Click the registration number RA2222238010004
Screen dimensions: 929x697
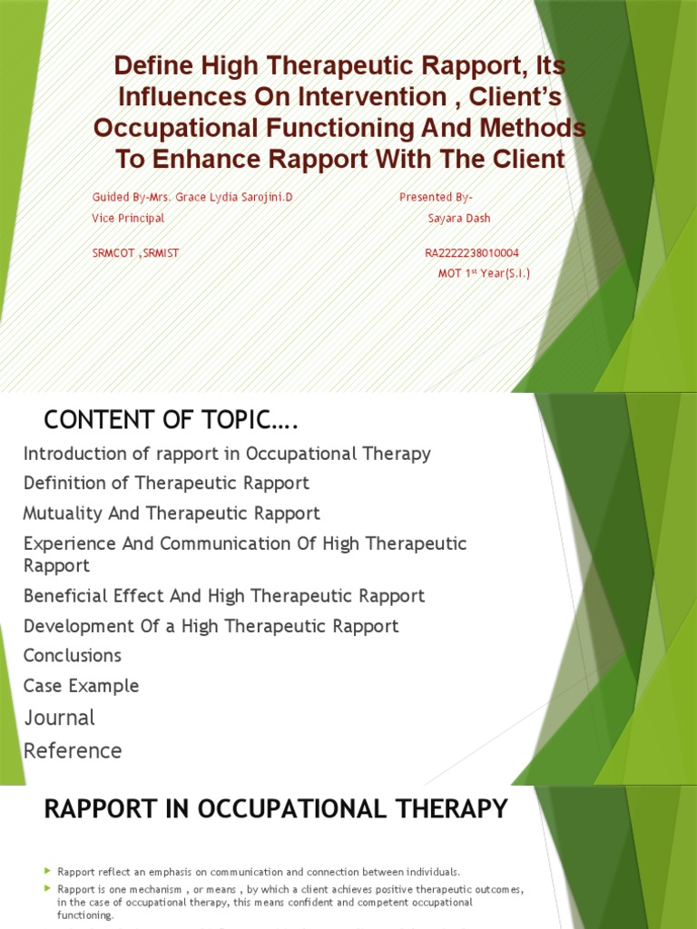click(x=471, y=253)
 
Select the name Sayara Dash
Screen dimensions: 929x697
click(x=459, y=219)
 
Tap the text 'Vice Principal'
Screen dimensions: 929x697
click(x=128, y=219)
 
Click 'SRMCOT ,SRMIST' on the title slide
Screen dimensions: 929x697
click(x=135, y=253)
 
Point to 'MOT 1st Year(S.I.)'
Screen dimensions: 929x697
click(x=484, y=273)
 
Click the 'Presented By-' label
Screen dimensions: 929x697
click(x=436, y=197)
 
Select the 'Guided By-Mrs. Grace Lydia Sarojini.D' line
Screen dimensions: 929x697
click(x=192, y=197)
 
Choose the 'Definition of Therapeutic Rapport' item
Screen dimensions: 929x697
click(x=166, y=483)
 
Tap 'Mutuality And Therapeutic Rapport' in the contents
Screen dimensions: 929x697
click(x=172, y=513)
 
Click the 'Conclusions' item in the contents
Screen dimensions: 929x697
click(x=73, y=655)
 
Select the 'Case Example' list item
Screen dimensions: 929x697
click(x=82, y=686)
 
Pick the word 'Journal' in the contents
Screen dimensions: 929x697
click(x=59, y=718)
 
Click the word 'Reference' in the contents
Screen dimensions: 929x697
click(x=73, y=750)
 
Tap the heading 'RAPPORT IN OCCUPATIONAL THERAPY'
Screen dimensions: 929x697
click(x=275, y=808)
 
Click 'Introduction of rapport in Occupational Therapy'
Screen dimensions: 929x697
click(x=227, y=453)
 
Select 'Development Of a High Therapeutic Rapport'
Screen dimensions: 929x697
click(x=211, y=626)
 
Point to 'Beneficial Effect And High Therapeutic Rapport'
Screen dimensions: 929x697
click(x=224, y=596)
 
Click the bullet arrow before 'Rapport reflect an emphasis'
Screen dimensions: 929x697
click(x=48, y=872)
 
